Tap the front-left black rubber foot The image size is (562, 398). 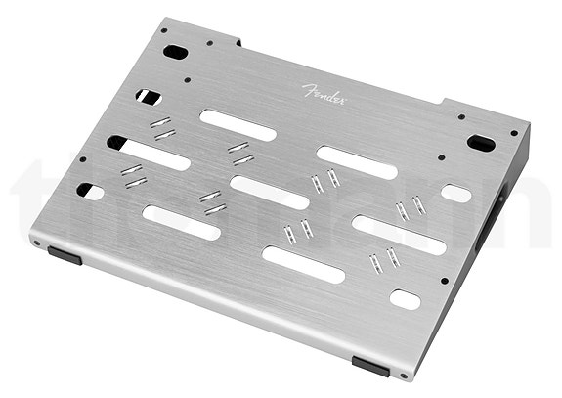65,254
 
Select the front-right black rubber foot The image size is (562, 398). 370,365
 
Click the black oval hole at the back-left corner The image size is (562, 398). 173,51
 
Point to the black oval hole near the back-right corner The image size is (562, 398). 480,143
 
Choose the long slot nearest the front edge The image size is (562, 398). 303,265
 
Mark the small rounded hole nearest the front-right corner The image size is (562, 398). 405,298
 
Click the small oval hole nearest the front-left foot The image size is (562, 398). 90,192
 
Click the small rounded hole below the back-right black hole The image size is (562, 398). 455,193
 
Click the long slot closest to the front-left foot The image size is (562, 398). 181,222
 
